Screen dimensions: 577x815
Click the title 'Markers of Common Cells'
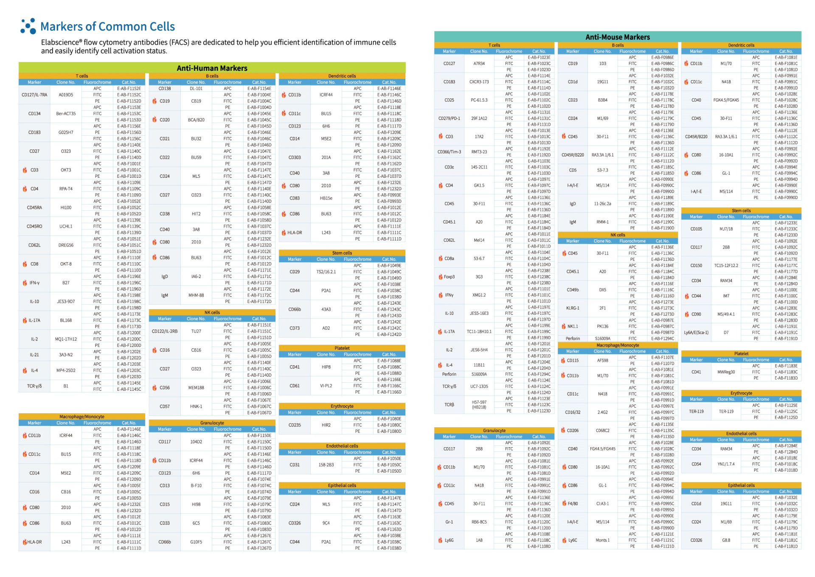point(107,26)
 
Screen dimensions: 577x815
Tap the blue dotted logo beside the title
point(28,26)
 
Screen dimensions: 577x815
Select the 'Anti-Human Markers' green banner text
point(212,68)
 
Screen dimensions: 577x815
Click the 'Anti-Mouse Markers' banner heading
point(617,37)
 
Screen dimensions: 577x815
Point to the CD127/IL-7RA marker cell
point(34,95)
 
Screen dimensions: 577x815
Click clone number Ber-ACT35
point(66,114)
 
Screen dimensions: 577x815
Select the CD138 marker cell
point(165,89)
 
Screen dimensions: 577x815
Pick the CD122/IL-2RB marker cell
point(165,331)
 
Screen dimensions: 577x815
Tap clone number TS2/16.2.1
point(326,272)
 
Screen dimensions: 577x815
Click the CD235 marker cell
point(295,425)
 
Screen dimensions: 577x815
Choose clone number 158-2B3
point(326,465)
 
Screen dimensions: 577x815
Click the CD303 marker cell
point(295,157)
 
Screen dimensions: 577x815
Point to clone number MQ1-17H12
point(66,339)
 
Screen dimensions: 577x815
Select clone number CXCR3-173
point(479,82)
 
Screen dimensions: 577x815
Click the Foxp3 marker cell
point(449,277)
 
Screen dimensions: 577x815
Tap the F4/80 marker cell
point(573,504)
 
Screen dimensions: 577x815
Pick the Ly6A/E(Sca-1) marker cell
point(696,333)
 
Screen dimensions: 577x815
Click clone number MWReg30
point(726,372)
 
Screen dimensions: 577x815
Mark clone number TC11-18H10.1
point(479,332)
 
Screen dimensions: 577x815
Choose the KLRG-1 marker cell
point(573,308)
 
